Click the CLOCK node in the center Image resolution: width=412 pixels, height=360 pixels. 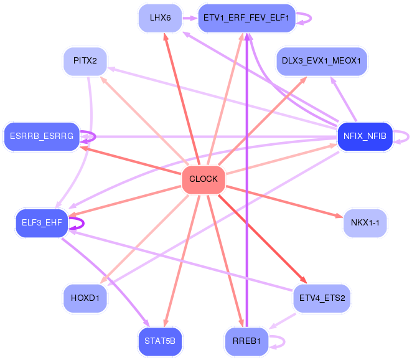[x=204, y=180]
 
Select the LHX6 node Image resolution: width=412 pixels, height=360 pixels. [x=160, y=18]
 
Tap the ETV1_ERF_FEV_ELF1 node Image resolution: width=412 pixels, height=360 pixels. [x=246, y=18]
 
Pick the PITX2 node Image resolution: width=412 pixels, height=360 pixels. [x=85, y=61]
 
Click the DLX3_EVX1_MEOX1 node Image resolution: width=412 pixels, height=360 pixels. [x=322, y=61]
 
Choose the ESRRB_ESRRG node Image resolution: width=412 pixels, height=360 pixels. [x=42, y=136]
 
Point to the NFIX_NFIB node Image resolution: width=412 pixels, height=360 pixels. [x=365, y=136]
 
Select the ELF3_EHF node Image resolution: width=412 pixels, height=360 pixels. [x=42, y=223]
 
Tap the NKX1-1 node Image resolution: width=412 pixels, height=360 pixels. [x=365, y=223]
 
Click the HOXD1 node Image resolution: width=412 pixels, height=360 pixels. [x=85, y=298]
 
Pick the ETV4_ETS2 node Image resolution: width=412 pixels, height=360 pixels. [x=322, y=298]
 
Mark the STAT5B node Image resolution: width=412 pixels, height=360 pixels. [x=160, y=341]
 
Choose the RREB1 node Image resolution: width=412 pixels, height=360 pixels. [x=246, y=341]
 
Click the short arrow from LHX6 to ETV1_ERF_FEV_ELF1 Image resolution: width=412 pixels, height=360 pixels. [x=190, y=18]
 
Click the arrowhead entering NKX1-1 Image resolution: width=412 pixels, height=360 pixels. [x=339, y=216]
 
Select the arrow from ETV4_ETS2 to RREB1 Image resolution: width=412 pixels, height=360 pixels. [x=282, y=321]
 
